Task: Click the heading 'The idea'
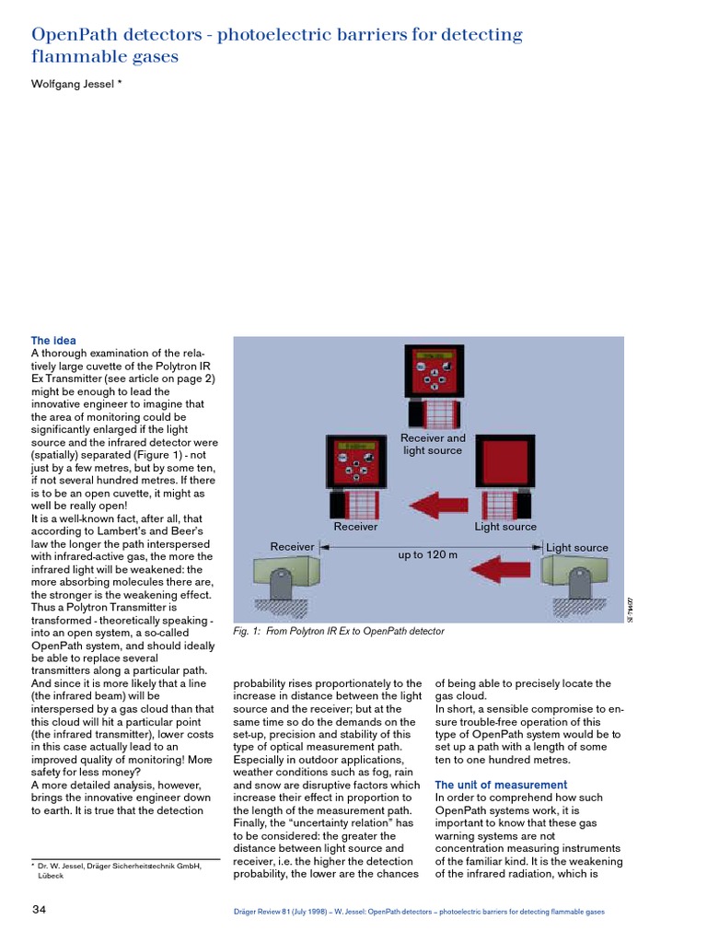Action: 53,341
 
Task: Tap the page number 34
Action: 39,910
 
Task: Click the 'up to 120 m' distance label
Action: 427,556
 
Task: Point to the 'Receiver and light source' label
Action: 433,444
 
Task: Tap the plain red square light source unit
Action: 500,460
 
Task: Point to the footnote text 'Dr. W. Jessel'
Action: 64,867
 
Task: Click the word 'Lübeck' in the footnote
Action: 51,877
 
